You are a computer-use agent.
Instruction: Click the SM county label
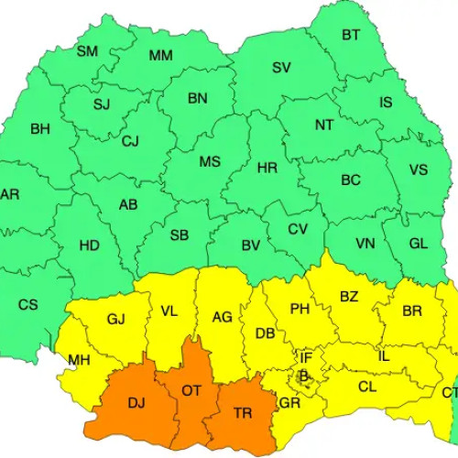(87, 51)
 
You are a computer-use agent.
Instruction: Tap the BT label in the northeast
(351, 36)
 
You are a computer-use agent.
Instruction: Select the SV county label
(281, 68)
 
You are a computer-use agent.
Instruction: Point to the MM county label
(161, 56)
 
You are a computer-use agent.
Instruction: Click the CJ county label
(130, 141)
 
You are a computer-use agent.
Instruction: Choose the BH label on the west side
(40, 129)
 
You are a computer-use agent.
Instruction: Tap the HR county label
(267, 169)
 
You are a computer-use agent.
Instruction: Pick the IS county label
(386, 102)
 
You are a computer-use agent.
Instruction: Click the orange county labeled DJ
(136, 402)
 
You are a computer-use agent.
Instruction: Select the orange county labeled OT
(191, 390)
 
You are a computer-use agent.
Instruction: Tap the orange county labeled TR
(243, 414)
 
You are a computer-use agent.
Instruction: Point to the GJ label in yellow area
(115, 320)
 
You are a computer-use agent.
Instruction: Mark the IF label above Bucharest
(306, 356)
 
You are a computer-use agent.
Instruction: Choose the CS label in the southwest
(28, 304)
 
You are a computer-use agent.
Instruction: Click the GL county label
(418, 244)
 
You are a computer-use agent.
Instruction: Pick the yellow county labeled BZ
(349, 297)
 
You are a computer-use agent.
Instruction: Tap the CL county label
(367, 387)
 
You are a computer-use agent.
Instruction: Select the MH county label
(79, 360)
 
